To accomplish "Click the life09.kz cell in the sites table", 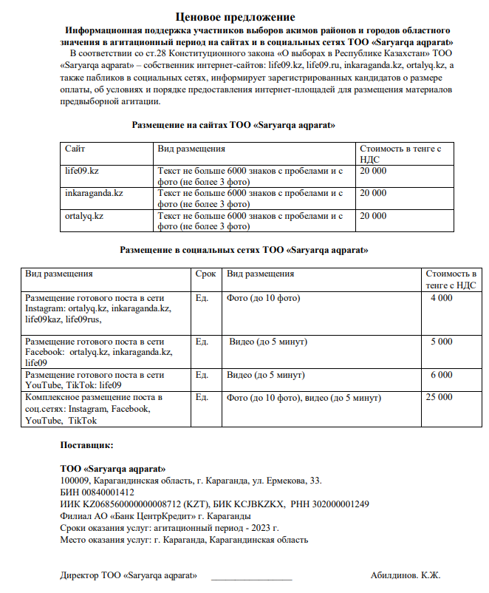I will pyautogui.click(x=82, y=171).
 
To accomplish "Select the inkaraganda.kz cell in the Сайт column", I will pyautogui.click(x=94, y=193).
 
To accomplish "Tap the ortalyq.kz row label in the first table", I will pyautogui.click(x=84, y=216).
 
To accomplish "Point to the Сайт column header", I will pyautogui.click(x=75, y=149).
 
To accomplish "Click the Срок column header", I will pyautogui.click(x=205, y=274).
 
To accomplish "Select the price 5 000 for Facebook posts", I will pyautogui.click(x=441, y=342).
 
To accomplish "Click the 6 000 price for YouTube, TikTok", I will pyautogui.click(x=441, y=375).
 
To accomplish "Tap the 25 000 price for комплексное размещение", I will pyautogui.click(x=439, y=397).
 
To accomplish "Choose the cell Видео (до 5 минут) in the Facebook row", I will pyautogui.click(x=268, y=342).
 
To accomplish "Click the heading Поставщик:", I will pyautogui.click(x=86, y=445).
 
